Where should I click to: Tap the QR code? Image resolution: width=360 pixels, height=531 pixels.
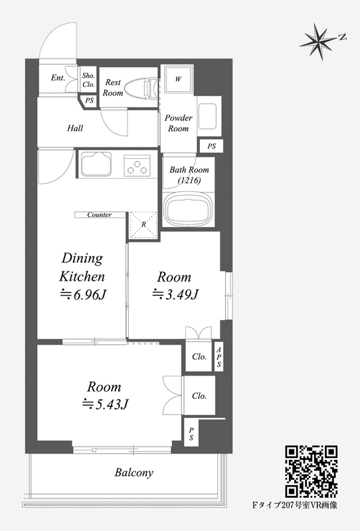point(312,471)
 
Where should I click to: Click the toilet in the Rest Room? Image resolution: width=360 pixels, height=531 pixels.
point(141,89)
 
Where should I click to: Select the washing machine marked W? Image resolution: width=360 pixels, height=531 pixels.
point(179,79)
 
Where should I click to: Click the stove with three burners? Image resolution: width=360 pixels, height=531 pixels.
point(137,166)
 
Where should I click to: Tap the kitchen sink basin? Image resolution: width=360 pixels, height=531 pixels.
point(96,165)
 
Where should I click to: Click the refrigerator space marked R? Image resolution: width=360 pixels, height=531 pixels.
point(143,224)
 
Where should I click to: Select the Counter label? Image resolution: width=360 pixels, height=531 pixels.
point(100,214)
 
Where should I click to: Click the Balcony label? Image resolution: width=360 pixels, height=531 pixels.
point(134,472)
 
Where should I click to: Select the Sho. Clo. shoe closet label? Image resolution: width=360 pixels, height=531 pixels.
point(89,80)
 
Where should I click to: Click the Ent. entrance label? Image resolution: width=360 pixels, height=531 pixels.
point(58,78)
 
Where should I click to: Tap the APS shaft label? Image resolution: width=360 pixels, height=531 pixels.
point(219,357)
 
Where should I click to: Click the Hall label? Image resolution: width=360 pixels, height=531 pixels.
point(75,128)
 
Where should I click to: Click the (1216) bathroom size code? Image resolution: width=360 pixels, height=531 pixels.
point(189,180)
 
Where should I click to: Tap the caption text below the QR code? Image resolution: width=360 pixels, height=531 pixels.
point(295,505)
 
